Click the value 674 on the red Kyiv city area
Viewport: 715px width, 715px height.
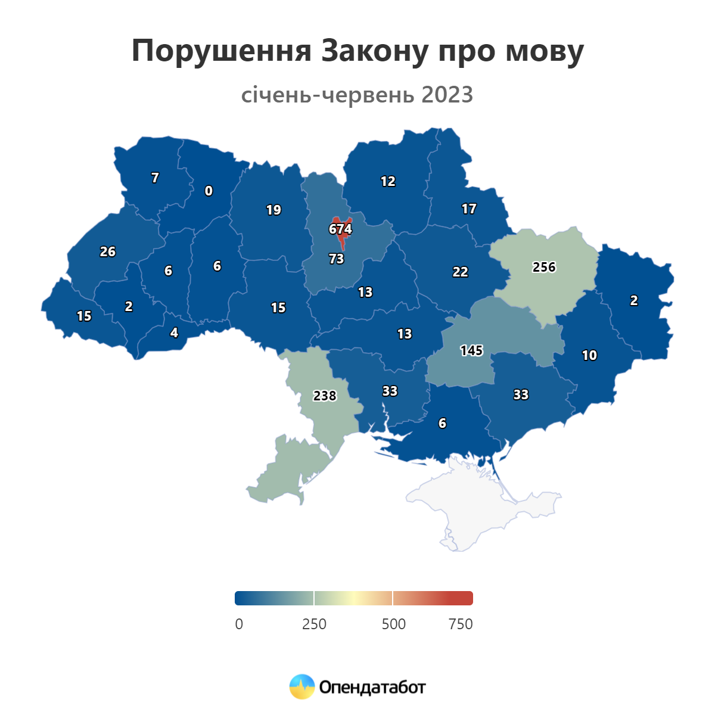pos(340,229)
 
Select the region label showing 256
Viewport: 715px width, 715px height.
pos(544,268)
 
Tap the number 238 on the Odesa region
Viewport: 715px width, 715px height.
pos(325,396)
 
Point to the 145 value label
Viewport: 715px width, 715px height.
pos(471,351)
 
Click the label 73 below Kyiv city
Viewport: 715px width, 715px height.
pos(337,259)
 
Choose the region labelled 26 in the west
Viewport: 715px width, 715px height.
pos(108,252)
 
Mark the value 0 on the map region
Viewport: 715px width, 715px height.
pos(209,191)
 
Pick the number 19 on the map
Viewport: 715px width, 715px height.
pos(273,210)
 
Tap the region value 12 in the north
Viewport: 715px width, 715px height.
pos(388,182)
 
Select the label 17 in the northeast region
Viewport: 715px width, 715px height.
pos(469,209)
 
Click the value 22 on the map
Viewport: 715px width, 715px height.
pos(460,272)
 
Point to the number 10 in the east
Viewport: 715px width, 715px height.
pos(589,356)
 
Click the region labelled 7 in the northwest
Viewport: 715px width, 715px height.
pos(155,178)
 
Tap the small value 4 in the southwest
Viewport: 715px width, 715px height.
pos(174,333)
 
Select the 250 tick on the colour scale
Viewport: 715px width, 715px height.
pos(314,624)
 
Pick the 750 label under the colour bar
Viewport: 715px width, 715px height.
pos(461,624)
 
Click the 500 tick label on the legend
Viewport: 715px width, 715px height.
pos(393,624)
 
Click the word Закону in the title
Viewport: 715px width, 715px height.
pos(375,51)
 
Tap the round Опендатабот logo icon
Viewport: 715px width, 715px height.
pos(302,687)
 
